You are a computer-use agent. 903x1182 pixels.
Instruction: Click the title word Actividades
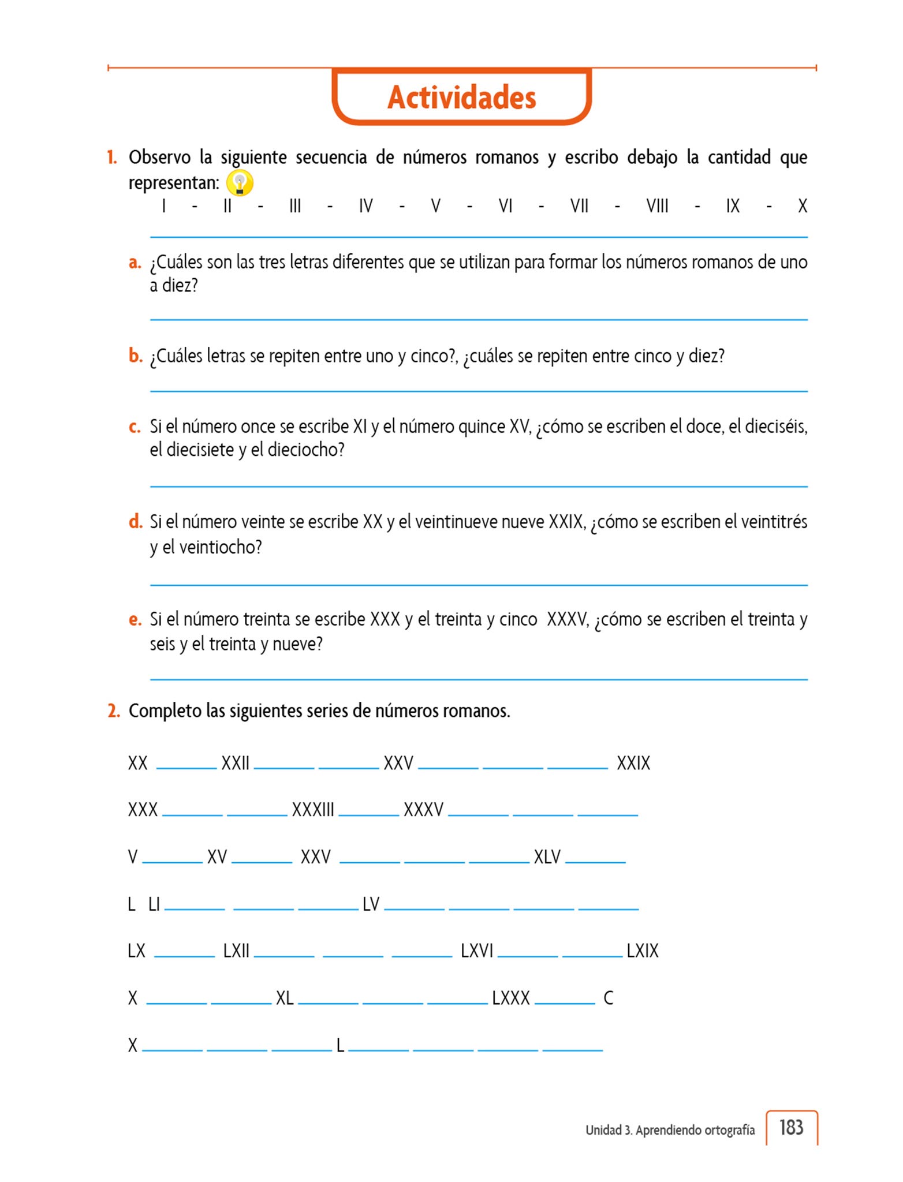[x=461, y=97]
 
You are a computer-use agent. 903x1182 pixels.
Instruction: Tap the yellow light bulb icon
[x=239, y=184]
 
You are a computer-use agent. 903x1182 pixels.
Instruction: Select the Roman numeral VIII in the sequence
[x=657, y=206]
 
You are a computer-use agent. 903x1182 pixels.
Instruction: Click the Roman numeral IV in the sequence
[x=365, y=206]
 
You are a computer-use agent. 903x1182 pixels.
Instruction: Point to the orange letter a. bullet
[x=135, y=263]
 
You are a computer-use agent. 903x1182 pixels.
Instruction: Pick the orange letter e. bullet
[x=135, y=620]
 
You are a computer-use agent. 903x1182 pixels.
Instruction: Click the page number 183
[x=791, y=1127]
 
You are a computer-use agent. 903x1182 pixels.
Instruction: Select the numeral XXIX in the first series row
[x=633, y=763]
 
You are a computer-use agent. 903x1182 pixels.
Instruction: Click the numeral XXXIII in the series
[x=313, y=810]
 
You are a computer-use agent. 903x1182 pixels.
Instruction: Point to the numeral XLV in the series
[x=547, y=856]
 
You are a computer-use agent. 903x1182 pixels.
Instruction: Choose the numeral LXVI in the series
[x=477, y=951]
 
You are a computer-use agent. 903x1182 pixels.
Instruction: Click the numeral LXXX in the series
[x=511, y=998]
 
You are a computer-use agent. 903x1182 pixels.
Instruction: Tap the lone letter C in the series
[x=608, y=998]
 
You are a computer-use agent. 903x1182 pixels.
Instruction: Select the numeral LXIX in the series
[x=643, y=951]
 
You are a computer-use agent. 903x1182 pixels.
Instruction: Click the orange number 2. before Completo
[x=114, y=711]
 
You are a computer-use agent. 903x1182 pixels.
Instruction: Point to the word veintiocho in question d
[x=221, y=547]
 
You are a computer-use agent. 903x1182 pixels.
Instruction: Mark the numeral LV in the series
[x=371, y=904]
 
